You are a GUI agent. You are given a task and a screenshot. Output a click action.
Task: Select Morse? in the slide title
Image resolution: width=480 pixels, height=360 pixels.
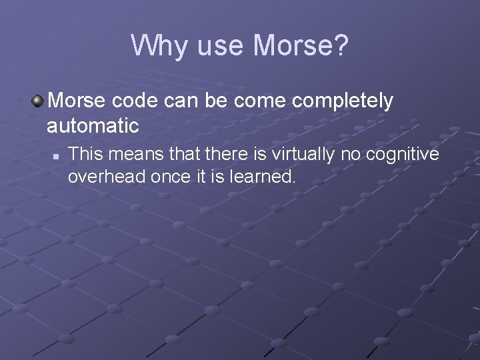(301, 45)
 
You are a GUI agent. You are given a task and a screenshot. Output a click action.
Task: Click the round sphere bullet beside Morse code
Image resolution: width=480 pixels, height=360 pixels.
(37, 101)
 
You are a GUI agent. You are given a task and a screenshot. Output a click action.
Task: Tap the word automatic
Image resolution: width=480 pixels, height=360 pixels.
(93, 125)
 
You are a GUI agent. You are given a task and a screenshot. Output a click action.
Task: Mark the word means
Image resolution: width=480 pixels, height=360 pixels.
(135, 155)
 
